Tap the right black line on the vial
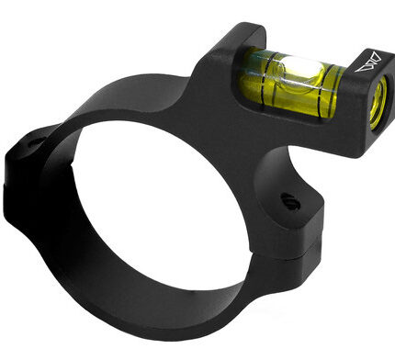coord(321,82)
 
